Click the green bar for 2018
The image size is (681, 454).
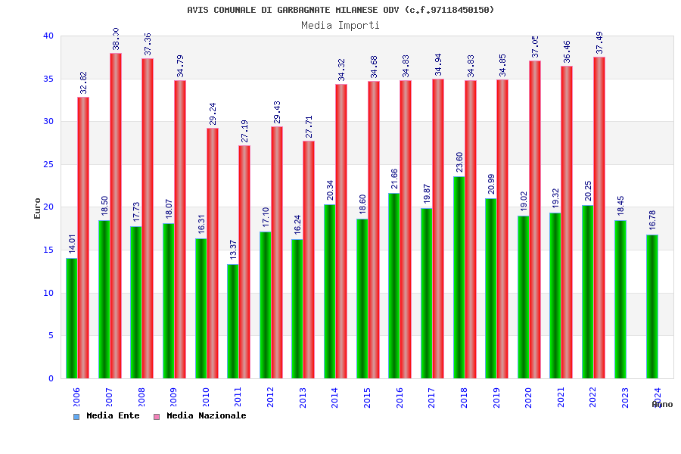pos(459,277)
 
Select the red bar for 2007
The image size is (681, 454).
pos(116,216)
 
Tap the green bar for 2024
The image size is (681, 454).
pos(652,306)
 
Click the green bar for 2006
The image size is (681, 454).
pos(71,318)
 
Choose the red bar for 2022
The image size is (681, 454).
pos(599,218)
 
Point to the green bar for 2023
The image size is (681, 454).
pos(620,299)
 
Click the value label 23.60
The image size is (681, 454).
pos(459,162)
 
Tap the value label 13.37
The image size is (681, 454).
pos(233,250)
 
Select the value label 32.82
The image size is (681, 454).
pos(84,82)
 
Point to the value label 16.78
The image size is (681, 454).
pos(652,220)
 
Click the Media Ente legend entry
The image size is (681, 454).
pos(107,415)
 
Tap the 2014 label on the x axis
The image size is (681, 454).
pos(335,398)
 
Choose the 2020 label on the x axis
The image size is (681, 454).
pos(529,398)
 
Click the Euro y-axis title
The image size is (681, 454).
pos(38,208)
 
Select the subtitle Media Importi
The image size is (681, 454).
pos(340,25)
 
